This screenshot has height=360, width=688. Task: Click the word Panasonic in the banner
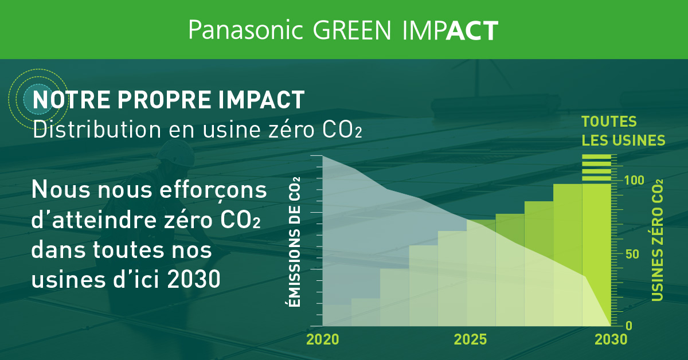click(x=246, y=30)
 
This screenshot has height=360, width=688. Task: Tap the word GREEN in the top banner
click(x=352, y=30)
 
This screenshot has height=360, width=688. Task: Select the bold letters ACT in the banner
click(x=472, y=30)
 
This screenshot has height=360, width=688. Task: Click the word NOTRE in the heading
click(x=71, y=100)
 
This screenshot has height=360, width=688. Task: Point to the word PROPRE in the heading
click(x=165, y=100)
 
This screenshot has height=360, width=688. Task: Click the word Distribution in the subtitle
click(x=97, y=130)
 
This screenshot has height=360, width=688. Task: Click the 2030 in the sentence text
click(x=194, y=279)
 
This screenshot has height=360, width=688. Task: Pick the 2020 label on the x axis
click(x=322, y=339)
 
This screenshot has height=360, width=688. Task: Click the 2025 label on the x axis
click(x=470, y=339)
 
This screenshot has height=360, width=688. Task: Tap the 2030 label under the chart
click(x=611, y=339)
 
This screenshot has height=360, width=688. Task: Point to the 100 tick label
click(x=634, y=181)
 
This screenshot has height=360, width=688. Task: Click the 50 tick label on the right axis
click(x=632, y=255)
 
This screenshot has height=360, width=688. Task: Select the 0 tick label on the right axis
click(x=629, y=326)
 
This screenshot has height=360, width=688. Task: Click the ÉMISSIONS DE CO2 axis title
click(x=295, y=242)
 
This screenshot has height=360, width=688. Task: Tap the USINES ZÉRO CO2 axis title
click(x=657, y=240)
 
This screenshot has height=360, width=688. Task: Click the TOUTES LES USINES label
click(x=623, y=131)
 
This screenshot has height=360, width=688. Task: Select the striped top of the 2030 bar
click(x=596, y=168)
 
